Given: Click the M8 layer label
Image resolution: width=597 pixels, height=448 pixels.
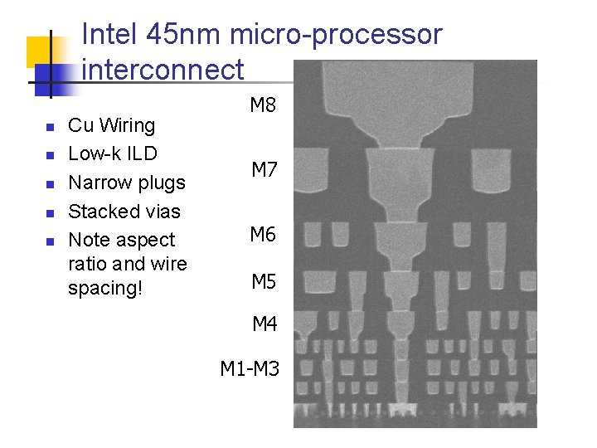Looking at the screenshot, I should (x=263, y=105).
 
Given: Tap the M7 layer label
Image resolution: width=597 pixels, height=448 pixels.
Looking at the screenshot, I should (x=264, y=170).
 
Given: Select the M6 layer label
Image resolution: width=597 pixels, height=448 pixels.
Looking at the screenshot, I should (x=263, y=235).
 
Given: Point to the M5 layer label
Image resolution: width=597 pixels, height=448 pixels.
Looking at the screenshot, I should (x=264, y=282).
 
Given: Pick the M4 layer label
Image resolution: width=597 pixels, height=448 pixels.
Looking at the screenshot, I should (x=265, y=324).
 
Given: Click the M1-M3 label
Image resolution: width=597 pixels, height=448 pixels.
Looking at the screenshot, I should (x=250, y=368).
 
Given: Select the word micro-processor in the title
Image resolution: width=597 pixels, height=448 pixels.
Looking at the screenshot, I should (x=336, y=35).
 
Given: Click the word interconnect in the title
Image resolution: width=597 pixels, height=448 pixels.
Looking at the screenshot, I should (x=163, y=69).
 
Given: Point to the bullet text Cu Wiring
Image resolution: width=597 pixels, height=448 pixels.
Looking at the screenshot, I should (x=111, y=125).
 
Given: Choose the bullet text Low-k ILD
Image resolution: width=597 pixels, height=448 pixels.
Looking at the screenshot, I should (x=112, y=153).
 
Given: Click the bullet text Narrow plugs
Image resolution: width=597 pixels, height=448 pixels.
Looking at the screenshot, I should (x=126, y=183).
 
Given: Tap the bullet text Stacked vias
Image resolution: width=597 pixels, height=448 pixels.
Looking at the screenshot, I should (x=124, y=212).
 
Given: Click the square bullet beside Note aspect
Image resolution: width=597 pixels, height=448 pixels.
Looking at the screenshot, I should (x=49, y=241).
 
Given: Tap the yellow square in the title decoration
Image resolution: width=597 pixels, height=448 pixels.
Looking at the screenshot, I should (x=40, y=51).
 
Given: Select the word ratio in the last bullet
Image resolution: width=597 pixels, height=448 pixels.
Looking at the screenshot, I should (x=87, y=264).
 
